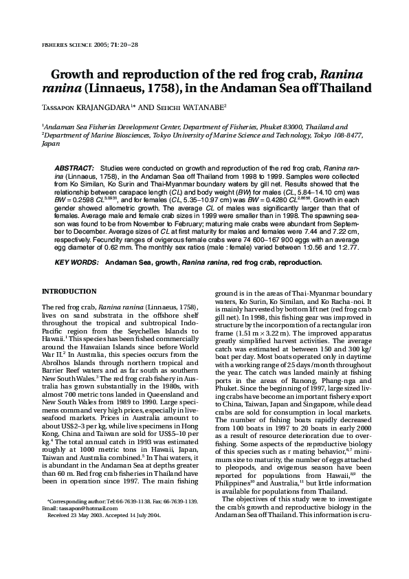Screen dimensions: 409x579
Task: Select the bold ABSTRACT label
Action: pos(74,168)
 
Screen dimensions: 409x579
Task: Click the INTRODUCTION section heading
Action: pos(69,292)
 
